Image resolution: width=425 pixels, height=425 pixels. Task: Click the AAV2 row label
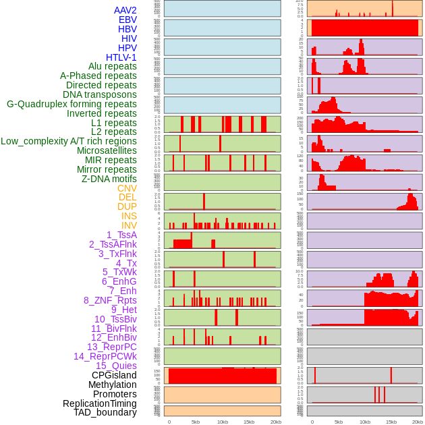125,10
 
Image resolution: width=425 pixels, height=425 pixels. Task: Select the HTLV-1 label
121,57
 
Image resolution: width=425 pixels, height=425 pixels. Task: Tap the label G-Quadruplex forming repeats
72,104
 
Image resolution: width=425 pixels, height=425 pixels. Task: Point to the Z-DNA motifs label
109,179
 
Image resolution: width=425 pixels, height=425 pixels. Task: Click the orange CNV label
127,188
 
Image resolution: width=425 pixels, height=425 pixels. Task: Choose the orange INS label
129,216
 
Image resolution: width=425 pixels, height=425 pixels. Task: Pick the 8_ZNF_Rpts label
110,300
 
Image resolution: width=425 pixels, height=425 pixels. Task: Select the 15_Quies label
116,366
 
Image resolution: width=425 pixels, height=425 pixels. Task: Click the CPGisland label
114,375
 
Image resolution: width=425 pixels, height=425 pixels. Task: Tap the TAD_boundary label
105,412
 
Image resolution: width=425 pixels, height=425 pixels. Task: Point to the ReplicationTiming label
99,403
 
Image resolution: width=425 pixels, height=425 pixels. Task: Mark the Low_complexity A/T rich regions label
69,141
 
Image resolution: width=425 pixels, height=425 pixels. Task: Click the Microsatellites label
107,150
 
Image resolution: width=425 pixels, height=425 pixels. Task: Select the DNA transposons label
100,94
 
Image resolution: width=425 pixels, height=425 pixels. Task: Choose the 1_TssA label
121,235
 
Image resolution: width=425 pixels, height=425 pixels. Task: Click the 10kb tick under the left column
223,422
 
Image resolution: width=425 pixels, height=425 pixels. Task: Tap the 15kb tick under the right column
391,422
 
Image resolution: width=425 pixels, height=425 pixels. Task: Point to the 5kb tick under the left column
196,422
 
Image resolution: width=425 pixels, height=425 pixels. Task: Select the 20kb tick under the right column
418,422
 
